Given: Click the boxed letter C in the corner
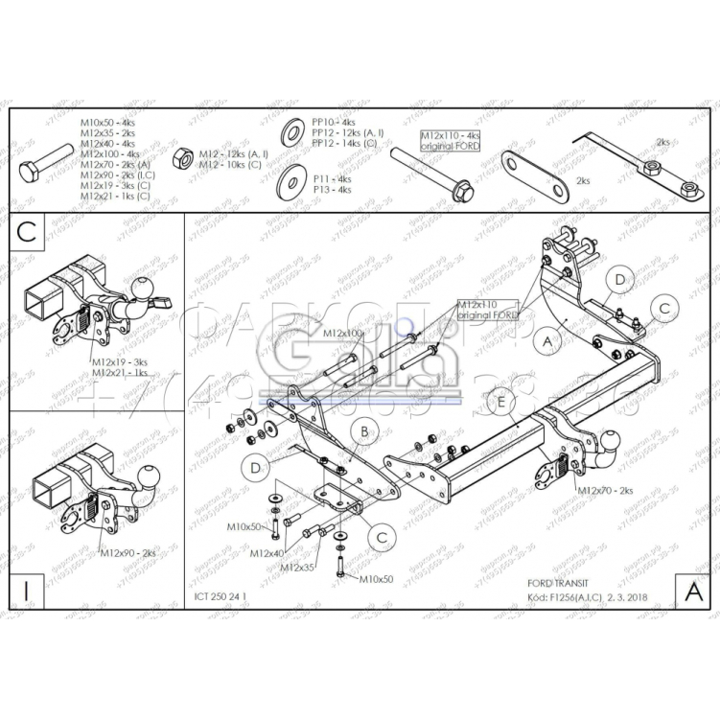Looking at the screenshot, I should pos(27,231).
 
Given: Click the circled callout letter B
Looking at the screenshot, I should pos(364,432).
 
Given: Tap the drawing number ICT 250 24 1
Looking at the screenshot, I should pos(220,595).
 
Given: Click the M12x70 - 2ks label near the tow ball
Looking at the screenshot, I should pos(606,490).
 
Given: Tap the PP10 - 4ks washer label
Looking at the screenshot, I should pos(334,123).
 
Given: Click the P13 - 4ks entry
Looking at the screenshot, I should pos(332,190).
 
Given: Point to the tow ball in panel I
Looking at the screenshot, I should pos(149,475).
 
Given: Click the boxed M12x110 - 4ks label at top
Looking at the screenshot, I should pos(450,141).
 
